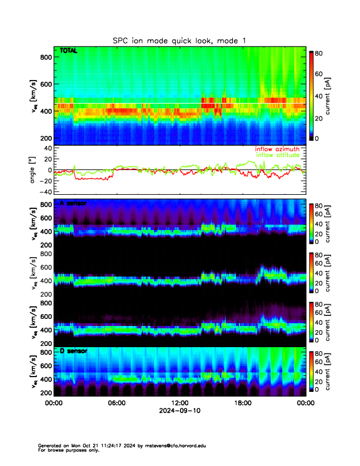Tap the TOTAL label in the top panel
point(69,52)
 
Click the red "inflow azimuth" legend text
point(277,149)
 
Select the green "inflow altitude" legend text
point(277,155)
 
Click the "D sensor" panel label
point(73,351)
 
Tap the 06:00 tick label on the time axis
point(116,403)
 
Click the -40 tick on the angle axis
point(44,191)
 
